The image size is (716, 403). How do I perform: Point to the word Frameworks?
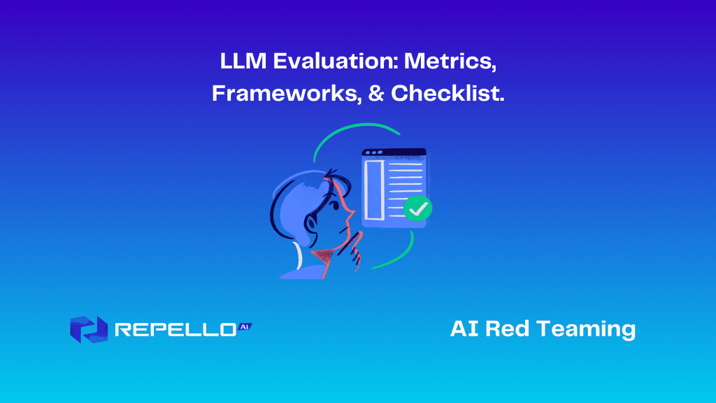pos(287,94)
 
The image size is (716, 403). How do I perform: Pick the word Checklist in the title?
pos(447,94)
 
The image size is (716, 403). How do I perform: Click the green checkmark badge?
pos(418,208)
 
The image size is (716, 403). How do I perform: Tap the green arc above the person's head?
pos(350,135)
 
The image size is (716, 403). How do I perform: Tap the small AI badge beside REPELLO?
pos(244,326)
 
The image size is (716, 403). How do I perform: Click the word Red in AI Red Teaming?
pos(508,329)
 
